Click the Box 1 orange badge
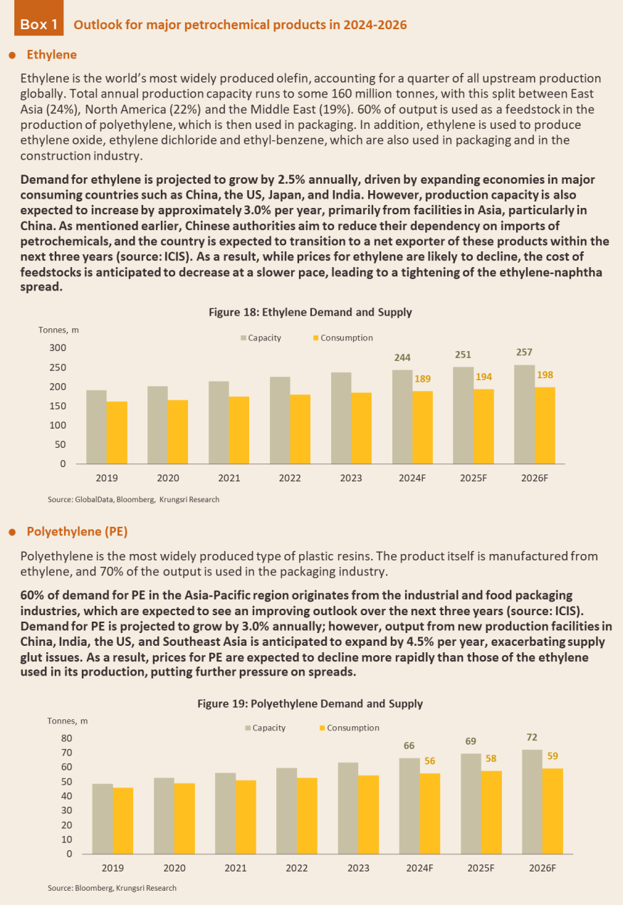(38, 18)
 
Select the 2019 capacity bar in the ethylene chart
(97, 427)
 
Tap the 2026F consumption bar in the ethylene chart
(545, 425)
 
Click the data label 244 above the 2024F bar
(402, 357)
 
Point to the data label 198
(545, 375)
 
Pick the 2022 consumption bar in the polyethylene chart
(307, 816)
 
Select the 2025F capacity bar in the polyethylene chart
(471, 804)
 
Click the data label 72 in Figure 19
(532, 738)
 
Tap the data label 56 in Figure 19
(429, 761)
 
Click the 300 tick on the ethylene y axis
(58, 348)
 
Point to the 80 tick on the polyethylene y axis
(67, 738)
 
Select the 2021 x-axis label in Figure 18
(229, 478)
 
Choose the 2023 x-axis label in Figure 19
(358, 868)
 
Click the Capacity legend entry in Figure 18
(261, 338)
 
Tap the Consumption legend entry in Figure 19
(350, 728)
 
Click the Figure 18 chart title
(310, 312)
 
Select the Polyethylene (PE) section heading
(77, 531)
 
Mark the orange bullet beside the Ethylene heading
(12, 56)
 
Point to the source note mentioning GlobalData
(134, 499)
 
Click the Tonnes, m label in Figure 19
(68, 721)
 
